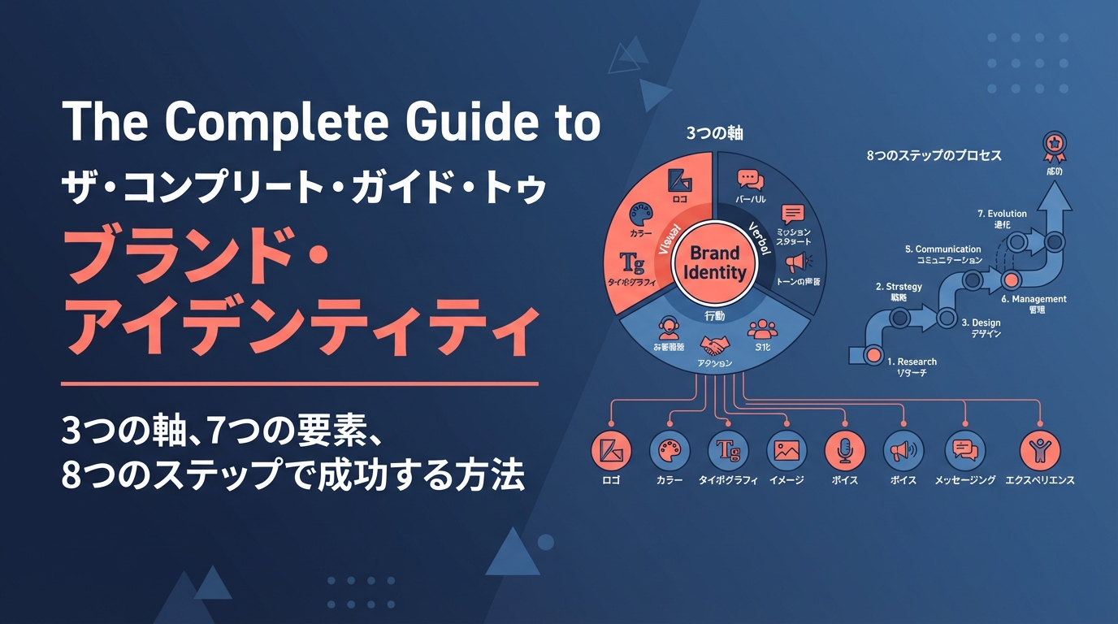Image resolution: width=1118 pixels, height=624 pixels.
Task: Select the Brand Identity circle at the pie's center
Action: [714, 262]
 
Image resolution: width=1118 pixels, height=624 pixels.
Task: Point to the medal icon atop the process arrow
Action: [1054, 145]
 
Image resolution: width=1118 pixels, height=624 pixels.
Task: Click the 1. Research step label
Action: [912, 362]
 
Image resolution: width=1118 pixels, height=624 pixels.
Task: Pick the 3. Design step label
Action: [981, 323]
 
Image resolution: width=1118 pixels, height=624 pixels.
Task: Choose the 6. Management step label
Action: [1033, 299]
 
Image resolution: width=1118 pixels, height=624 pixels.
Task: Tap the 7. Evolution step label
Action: [1002, 214]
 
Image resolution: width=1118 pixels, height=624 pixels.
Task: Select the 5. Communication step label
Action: [942, 249]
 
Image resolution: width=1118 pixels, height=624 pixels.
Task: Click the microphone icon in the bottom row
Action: [845, 449]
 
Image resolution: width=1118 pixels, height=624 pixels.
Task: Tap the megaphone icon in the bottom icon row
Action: [903, 449]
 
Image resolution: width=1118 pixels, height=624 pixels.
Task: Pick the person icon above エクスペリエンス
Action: [1039, 449]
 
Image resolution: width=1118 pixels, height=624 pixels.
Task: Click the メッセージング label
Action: [964, 480]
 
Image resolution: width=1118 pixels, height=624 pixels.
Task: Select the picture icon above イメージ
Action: [786, 449]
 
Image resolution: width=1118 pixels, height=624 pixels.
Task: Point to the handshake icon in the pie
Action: [715, 345]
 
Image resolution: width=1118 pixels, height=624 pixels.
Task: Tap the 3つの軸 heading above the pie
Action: [715, 133]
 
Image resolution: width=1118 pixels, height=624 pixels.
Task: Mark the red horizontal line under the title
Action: [300, 383]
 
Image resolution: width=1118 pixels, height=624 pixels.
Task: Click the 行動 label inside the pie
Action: [715, 314]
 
